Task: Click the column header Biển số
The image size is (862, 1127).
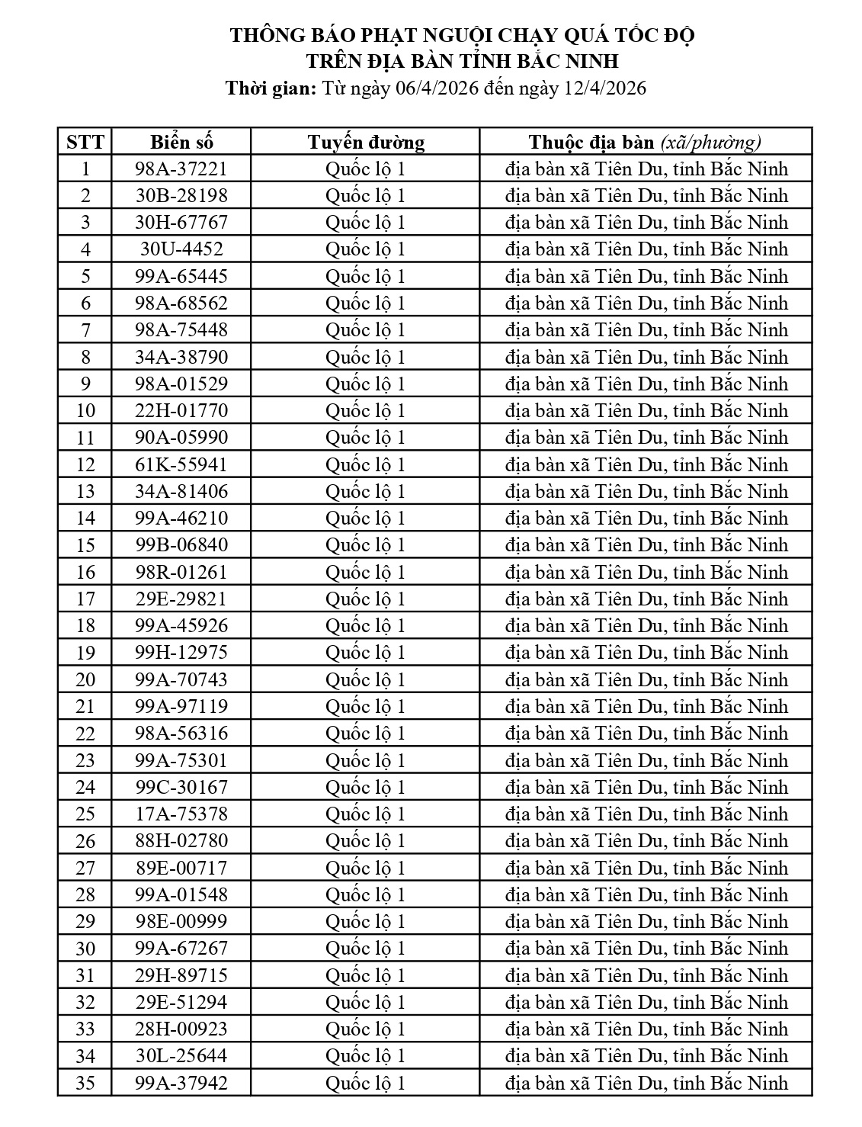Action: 181,142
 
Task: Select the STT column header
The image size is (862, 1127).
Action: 85,142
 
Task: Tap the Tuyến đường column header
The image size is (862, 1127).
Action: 366,142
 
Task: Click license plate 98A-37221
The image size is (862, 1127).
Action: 181,169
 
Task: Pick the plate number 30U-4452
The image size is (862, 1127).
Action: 181,249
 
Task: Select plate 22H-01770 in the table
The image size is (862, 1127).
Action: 181,411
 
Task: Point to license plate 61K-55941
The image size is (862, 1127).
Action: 181,464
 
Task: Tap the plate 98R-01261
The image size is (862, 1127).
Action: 181,572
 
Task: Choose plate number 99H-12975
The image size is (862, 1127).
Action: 181,653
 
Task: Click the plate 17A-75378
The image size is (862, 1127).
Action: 181,814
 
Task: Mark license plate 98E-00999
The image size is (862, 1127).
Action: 181,922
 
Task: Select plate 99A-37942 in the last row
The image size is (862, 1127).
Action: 181,1083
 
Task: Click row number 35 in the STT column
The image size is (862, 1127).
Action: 85,1083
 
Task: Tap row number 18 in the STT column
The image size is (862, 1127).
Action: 85,626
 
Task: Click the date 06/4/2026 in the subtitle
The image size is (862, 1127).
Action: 437,88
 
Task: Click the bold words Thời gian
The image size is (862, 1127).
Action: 271,88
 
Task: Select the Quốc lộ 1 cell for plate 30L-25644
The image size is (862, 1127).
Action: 366,1056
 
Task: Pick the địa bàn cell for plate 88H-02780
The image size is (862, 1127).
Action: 646,841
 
